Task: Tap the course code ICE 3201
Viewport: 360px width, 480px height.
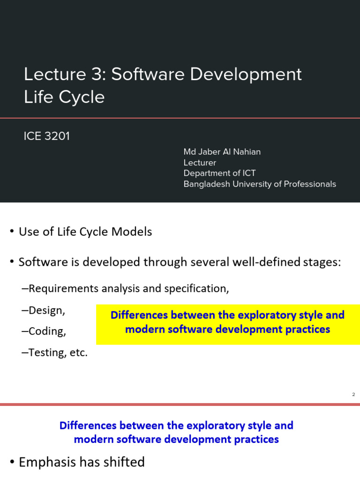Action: tap(46, 136)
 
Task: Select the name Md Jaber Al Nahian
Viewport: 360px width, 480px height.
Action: tap(222, 151)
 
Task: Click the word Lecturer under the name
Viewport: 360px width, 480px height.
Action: tap(200, 162)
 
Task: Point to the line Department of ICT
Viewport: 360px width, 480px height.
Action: tap(219, 173)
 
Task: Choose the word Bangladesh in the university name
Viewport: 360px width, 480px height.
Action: tap(205, 184)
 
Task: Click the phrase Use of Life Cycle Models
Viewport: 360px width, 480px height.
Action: tap(85, 232)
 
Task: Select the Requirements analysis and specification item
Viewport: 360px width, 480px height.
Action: tap(129, 288)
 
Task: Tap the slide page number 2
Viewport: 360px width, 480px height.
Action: tap(353, 394)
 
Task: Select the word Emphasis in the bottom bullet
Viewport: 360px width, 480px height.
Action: tap(47, 462)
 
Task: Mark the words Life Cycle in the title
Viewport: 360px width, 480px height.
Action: tap(64, 97)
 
